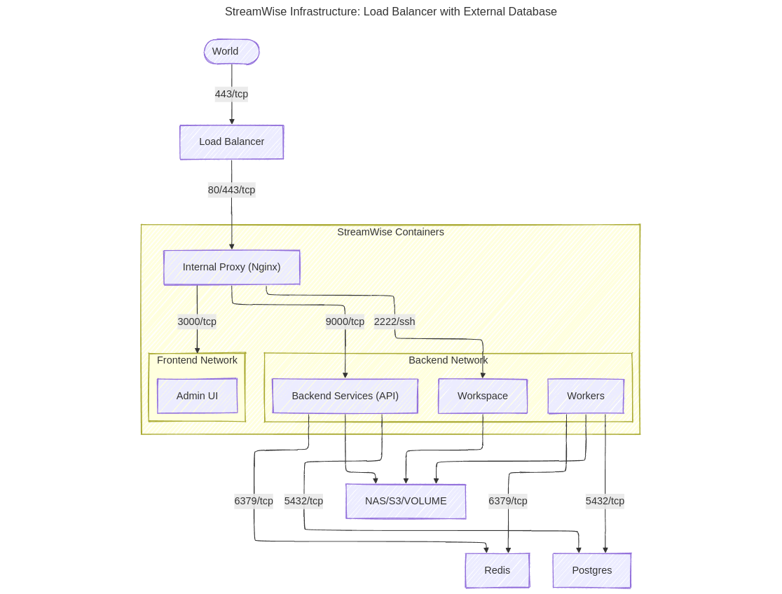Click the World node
[231, 52]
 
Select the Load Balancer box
[231, 142]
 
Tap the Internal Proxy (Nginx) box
[231, 268]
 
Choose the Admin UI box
[197, 396]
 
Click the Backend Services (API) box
[345, 396]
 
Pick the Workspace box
[482, 396]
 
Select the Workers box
[585, 396]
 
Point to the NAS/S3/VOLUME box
[406, 502]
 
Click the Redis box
[497, 570]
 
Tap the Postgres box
[591, 570]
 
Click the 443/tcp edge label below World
[231, 94]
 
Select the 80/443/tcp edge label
[231, 190]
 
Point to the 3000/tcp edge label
[197, 322]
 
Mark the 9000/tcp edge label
[345, 322]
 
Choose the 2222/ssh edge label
[395, 322]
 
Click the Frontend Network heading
[197, 360]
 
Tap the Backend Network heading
[448, 360]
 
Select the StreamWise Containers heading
[390, 232]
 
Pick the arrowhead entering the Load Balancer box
[231, 122]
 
